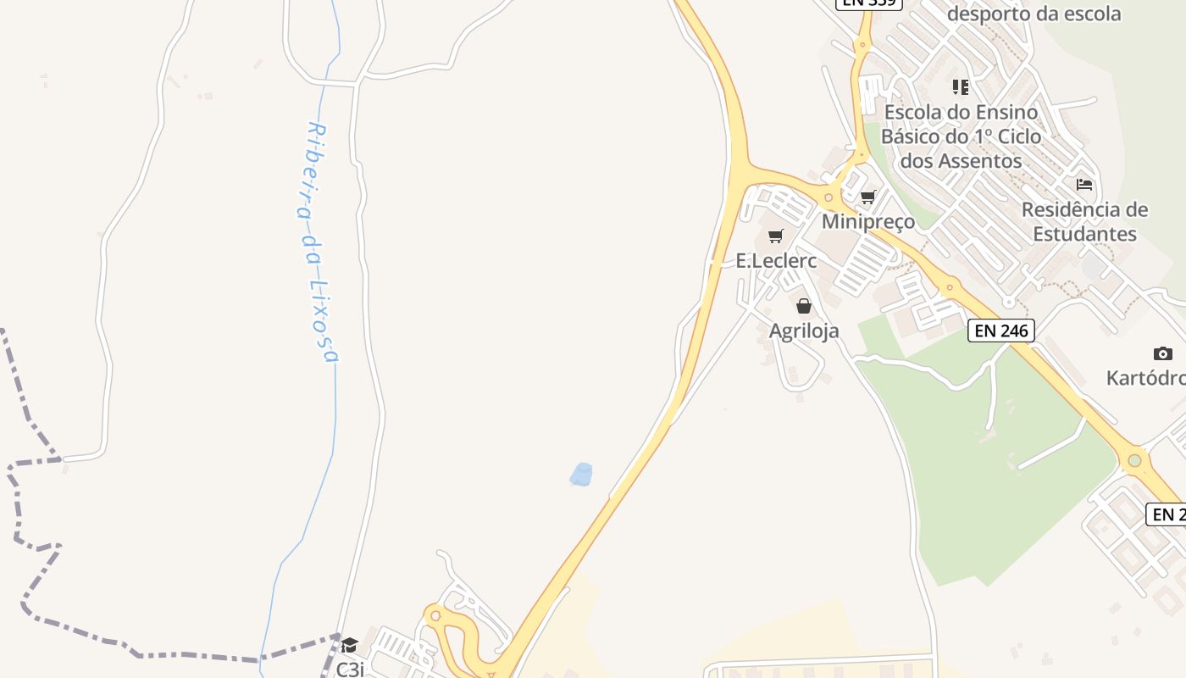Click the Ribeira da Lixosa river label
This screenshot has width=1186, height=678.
(321, 242)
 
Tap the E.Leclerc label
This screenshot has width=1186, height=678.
(776, 261)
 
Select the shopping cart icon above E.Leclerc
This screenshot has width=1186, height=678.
(776, 236)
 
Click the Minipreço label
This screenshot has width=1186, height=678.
(868, 222)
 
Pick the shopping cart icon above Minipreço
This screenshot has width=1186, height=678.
(868, 197)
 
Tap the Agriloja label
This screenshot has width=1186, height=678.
(804, 331)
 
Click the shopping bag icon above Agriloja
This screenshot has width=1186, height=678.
(804, 306)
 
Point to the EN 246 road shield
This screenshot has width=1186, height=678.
(1001, 331)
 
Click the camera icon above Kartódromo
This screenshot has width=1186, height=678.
(1163, 353)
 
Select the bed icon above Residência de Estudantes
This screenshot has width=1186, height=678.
(1084, 184)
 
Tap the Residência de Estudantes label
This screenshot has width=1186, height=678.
(1084, 222)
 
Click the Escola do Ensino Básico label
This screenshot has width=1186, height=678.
(961, 136)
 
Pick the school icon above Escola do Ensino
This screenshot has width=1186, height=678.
(961, 86)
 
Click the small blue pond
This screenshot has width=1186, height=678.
(581, 475)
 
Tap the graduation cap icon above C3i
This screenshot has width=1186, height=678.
(350, 646)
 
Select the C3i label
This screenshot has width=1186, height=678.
(350, 670)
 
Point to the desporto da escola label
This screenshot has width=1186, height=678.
(1034, 14)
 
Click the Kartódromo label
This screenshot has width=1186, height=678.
(1148, 378)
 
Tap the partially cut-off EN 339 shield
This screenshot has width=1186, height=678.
(868, 3)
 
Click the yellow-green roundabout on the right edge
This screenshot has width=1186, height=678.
(1134, 461)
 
